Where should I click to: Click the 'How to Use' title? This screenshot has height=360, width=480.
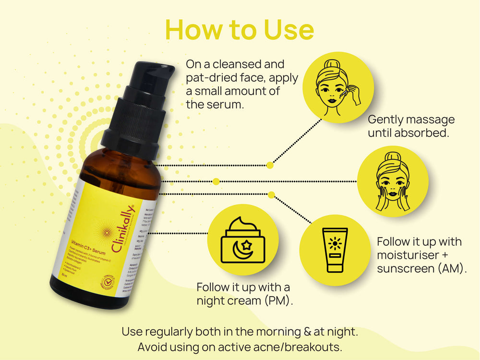(240, 30)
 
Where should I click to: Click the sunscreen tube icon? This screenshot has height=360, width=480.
(335, 250)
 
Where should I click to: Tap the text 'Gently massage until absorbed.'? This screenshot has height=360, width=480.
(411, 126)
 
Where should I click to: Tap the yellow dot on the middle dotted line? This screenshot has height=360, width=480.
(216, 181)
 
